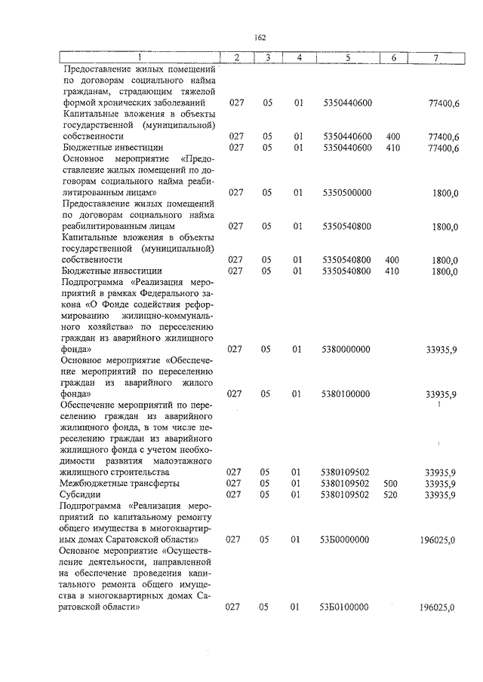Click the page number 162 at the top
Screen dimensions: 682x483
260,37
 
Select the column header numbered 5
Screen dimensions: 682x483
347,58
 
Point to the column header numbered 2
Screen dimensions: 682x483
236,58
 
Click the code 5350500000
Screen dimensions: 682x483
346,193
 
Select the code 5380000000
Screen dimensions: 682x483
346,350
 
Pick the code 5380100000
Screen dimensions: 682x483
346,394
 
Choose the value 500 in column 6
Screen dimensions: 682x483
391,483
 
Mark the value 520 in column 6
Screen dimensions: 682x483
391,494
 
